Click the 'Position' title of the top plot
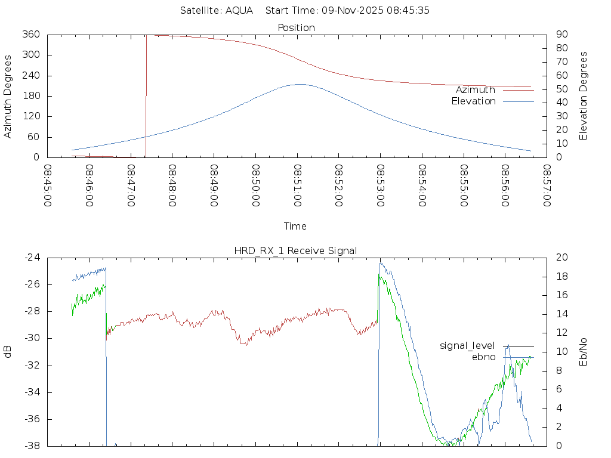(x=297, y=27)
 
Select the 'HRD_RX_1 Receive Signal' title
(x=295, y=250)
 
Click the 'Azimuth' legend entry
(x=475, y=89)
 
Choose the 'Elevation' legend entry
(x=473, y=101)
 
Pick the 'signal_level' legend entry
(x=467, y=346)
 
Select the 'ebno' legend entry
(x=483, y=357)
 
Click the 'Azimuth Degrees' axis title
(x=8, y=96)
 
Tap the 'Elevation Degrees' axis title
(x=584, y=95)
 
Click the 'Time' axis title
(x=295, y=226)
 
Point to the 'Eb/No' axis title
(x=584, y=351)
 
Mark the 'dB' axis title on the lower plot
(x=8, y=351)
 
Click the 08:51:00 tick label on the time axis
(x=297, y=185)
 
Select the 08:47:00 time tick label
(x=131, y=185)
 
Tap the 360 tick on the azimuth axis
(x=31, y=35)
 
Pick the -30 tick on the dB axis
(x=31, y=338)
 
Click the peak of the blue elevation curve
(x=300, y=84)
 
